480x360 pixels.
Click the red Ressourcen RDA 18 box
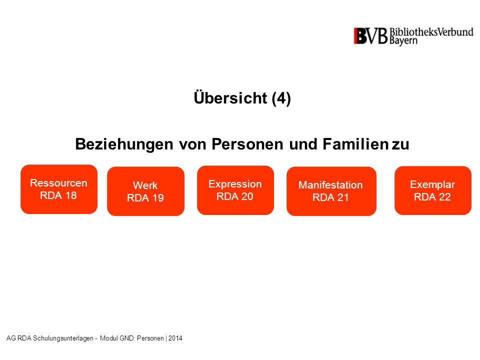coord(59,189)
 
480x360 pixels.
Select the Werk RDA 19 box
coord(145,191)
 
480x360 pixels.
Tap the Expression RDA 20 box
coord(235,190)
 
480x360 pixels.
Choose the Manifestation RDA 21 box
coord(331,191)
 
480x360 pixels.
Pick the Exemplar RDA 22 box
coord(433,190)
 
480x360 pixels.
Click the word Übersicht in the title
coord(230,97)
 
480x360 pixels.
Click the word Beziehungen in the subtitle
coord(124,144)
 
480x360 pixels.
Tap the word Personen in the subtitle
coord(247,144)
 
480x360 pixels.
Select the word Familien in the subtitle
coord(355,144)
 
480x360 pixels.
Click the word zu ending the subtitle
coord(400,145)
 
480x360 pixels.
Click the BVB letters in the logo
coord(370,36)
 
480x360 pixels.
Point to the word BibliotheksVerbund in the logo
coord(431,32)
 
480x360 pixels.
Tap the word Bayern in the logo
coord(403,41)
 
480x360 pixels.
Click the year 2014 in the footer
coord(175,338)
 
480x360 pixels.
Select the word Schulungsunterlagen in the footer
coord(63,338)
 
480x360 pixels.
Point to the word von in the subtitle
coord(192,145)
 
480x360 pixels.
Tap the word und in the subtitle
coord(303,144)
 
